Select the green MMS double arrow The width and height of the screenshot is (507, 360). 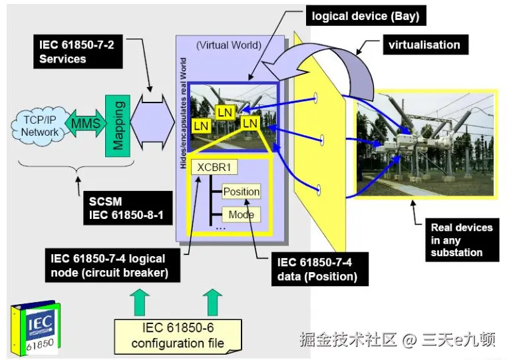[86, 123]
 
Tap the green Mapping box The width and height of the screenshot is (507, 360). [118, 126]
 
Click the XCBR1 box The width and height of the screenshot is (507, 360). [214, 167]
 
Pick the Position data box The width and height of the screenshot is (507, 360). [242, 192]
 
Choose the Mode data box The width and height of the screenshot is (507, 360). [242, 214]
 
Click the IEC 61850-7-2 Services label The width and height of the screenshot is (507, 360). [78, 52]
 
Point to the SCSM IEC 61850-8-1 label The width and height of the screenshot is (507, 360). [128, 208]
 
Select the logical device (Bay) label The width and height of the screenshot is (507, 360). [366, 16]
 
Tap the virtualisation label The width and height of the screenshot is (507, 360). [425, 45]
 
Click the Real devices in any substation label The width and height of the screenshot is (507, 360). [462, 240]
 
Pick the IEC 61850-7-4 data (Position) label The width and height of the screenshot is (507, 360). [320, 269]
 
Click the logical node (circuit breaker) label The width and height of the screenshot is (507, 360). [112, 266]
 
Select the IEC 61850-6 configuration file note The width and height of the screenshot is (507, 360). [178, 337]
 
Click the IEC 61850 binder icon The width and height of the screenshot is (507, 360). [35, 328]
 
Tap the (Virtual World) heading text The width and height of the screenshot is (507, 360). [229, 45]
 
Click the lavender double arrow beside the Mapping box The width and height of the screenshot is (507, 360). [152, 122]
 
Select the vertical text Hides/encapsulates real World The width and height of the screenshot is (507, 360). [184, 113]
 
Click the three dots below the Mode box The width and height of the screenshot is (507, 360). [220, 228]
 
